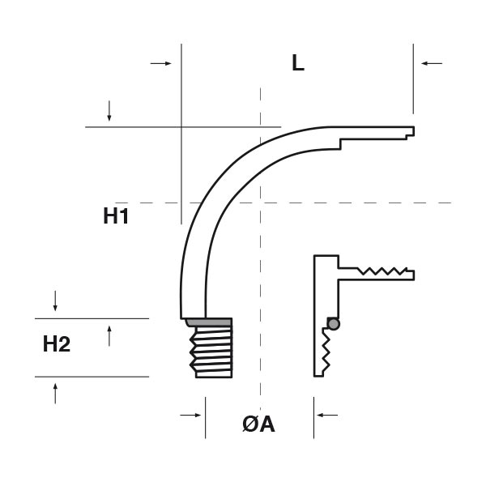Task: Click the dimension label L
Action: pyautogui.click(x=298, y=64)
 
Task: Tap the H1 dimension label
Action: pyautogui.click(x=117, y=216)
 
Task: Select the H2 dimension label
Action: pyautogui.click(x=57, y=344)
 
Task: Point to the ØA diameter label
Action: pyautogui.click(x=258, y=424)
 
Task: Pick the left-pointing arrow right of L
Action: pyautogui.click(x=431, y=63)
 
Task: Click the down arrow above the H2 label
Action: pyautogui.click(x=55, y=302)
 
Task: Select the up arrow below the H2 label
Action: pyautogui.click(x=55, y=394)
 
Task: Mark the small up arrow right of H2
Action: pyautogui.click(x=109, y=333)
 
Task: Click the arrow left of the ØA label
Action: pyautogui.click(x=191, y=415)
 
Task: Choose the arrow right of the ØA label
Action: pyautogui.click(x=326, y=415)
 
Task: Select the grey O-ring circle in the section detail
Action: pyautogui.click(x=332, y=323)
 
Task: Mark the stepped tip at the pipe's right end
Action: pyautogui.click(x=409, y=132)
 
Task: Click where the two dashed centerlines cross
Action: pyautogui.click(x=260, y=202)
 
